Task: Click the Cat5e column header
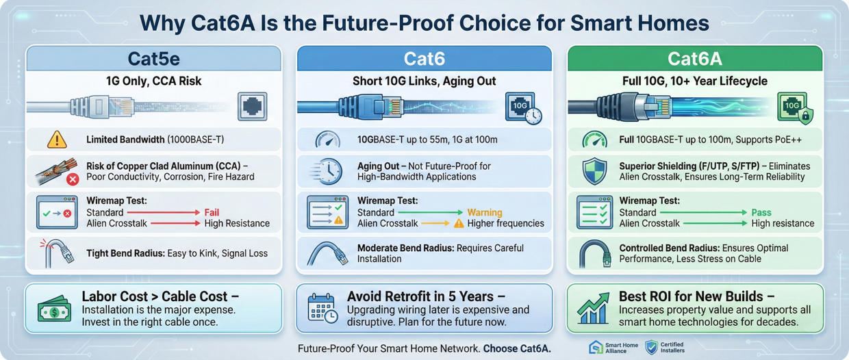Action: coord(153,60)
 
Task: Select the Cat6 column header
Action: coord(424,60)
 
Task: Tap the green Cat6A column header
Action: coord(694,60)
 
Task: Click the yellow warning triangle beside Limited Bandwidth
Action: coord(57,140)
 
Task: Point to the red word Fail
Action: coord(212,213)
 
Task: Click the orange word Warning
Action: coord(484,213)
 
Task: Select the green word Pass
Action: coord(761,213)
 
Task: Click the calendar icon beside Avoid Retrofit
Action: coord(322,309)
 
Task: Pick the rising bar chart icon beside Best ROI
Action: coord(593,309)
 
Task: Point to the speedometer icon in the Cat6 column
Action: coord(327,140)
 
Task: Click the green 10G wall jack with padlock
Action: coord(794,108)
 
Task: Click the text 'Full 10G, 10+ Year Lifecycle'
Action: coord(694,81)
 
